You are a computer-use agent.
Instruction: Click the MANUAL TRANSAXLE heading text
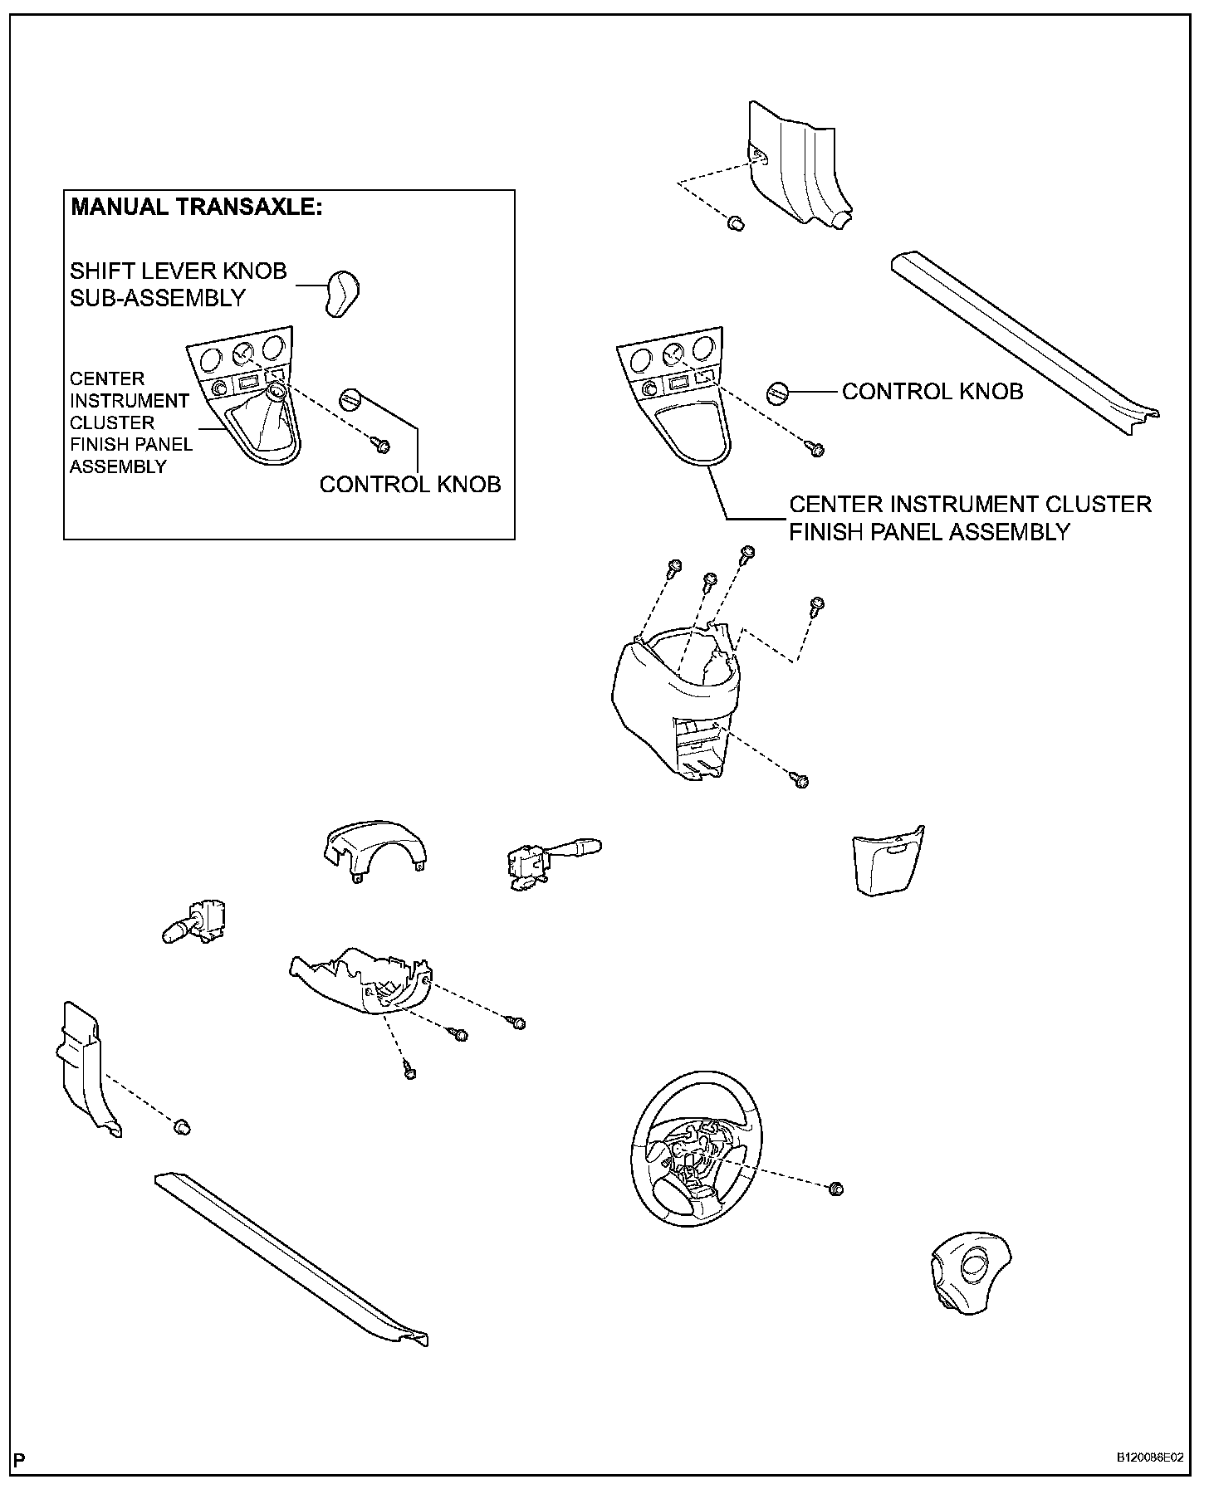point(196,207)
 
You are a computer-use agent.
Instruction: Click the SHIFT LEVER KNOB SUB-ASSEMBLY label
point(178,284)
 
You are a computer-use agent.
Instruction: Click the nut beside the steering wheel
point(836,1189)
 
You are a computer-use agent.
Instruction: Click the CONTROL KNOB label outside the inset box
point(932,392)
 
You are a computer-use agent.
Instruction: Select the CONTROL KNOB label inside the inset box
point(410,484)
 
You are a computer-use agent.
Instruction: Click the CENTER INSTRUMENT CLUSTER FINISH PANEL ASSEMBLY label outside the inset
point(969,518)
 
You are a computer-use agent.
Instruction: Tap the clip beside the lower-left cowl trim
point(182,1126)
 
